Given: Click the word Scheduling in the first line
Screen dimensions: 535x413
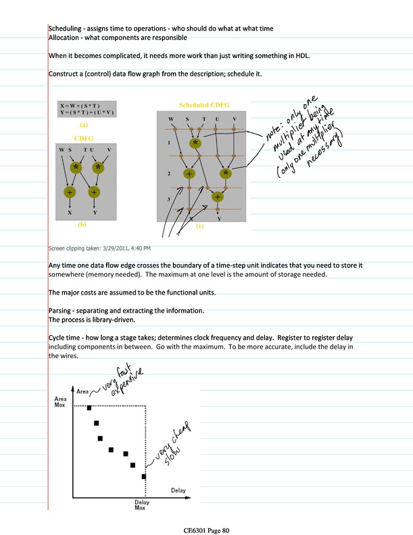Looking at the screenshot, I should click(x=65, y=28).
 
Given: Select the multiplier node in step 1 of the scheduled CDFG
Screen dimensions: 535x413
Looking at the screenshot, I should click(x=195, y=143).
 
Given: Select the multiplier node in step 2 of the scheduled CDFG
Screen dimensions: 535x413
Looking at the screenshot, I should click(x=225, y=174).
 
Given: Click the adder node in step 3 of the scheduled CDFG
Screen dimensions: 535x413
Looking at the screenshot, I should click(x=218, y=197).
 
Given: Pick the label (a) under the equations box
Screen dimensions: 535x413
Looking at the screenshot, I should click(x=83, y=125).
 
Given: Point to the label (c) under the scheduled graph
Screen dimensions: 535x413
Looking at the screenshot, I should click(x=200, y=227).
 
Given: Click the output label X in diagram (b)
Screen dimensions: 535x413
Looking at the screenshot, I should click(x=70, y=212).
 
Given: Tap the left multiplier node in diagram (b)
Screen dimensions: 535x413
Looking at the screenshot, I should click(x=76, y=167).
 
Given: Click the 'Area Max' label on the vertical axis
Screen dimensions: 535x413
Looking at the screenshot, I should click(x=60, y=403).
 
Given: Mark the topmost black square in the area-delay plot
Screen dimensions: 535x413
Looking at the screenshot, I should click(x=88, y=407).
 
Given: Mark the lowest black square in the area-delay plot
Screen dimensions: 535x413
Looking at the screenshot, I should click(x=144, y=476).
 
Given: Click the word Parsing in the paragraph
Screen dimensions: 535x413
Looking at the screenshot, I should click(x=63, y=310).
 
